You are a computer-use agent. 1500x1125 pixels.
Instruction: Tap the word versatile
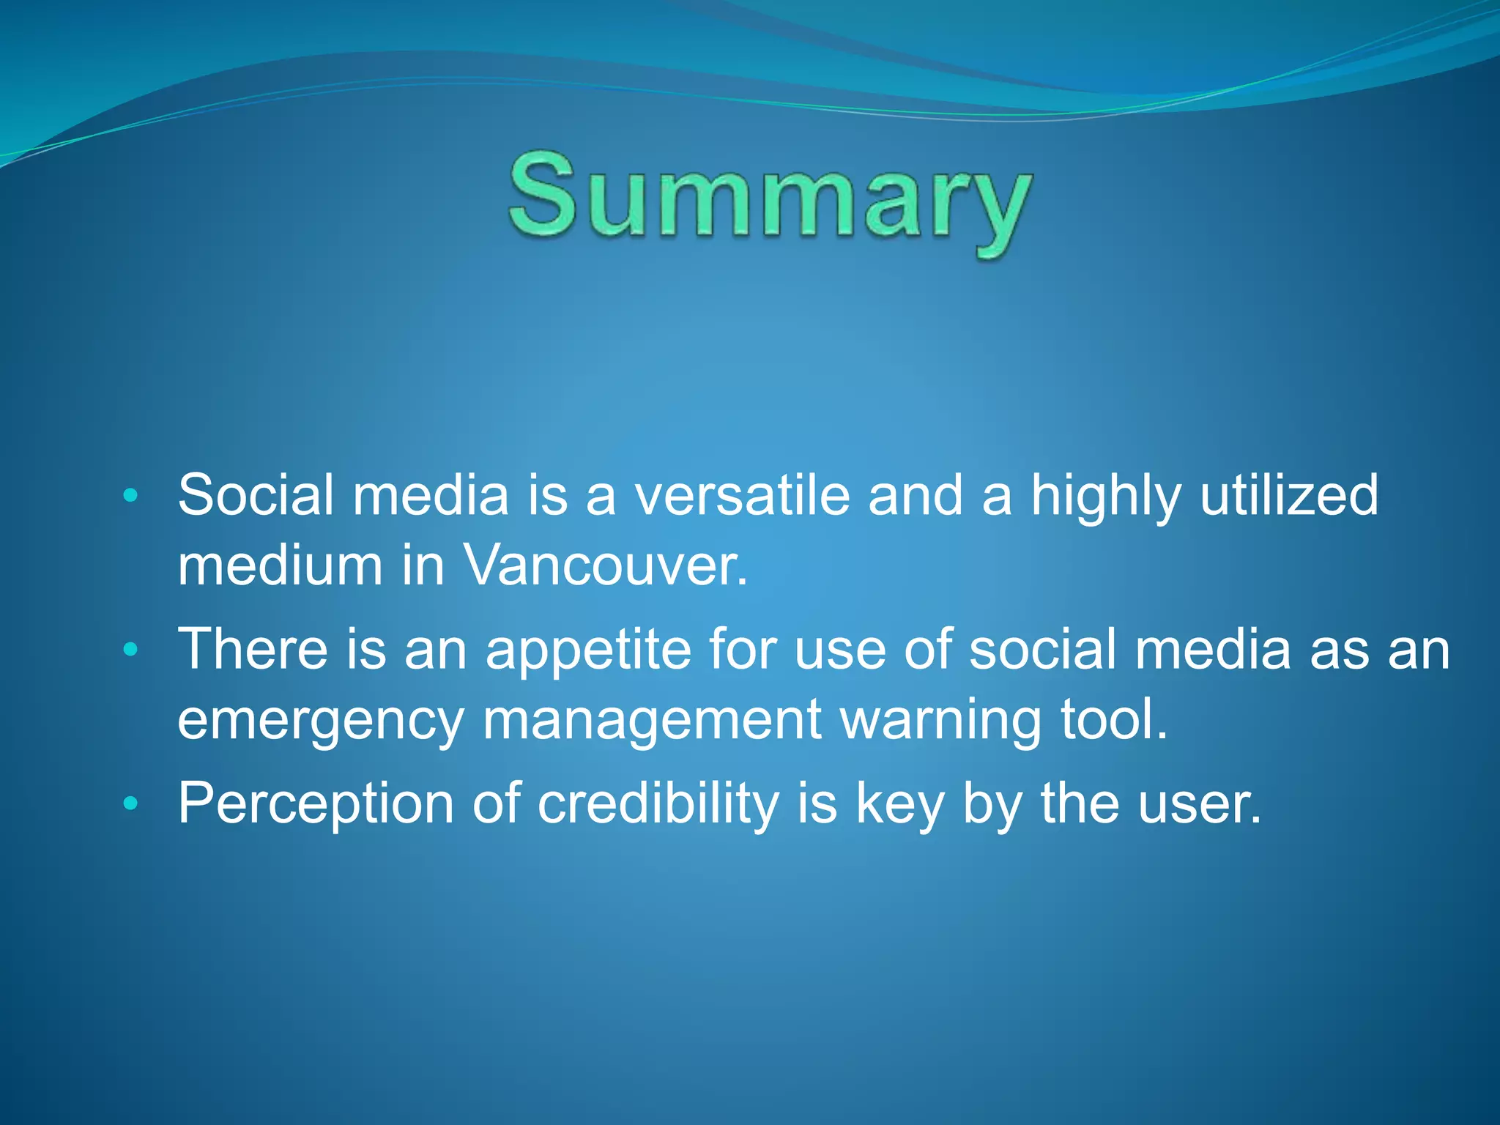(741, 495)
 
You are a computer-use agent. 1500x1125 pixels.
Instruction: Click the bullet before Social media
(130, 496)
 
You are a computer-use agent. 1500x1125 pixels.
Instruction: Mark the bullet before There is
(130, 650)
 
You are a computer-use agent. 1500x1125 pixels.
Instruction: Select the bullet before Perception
(130, 803)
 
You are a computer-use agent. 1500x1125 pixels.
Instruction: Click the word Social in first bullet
(256, 495)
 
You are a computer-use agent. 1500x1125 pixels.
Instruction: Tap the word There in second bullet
(253, 649)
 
